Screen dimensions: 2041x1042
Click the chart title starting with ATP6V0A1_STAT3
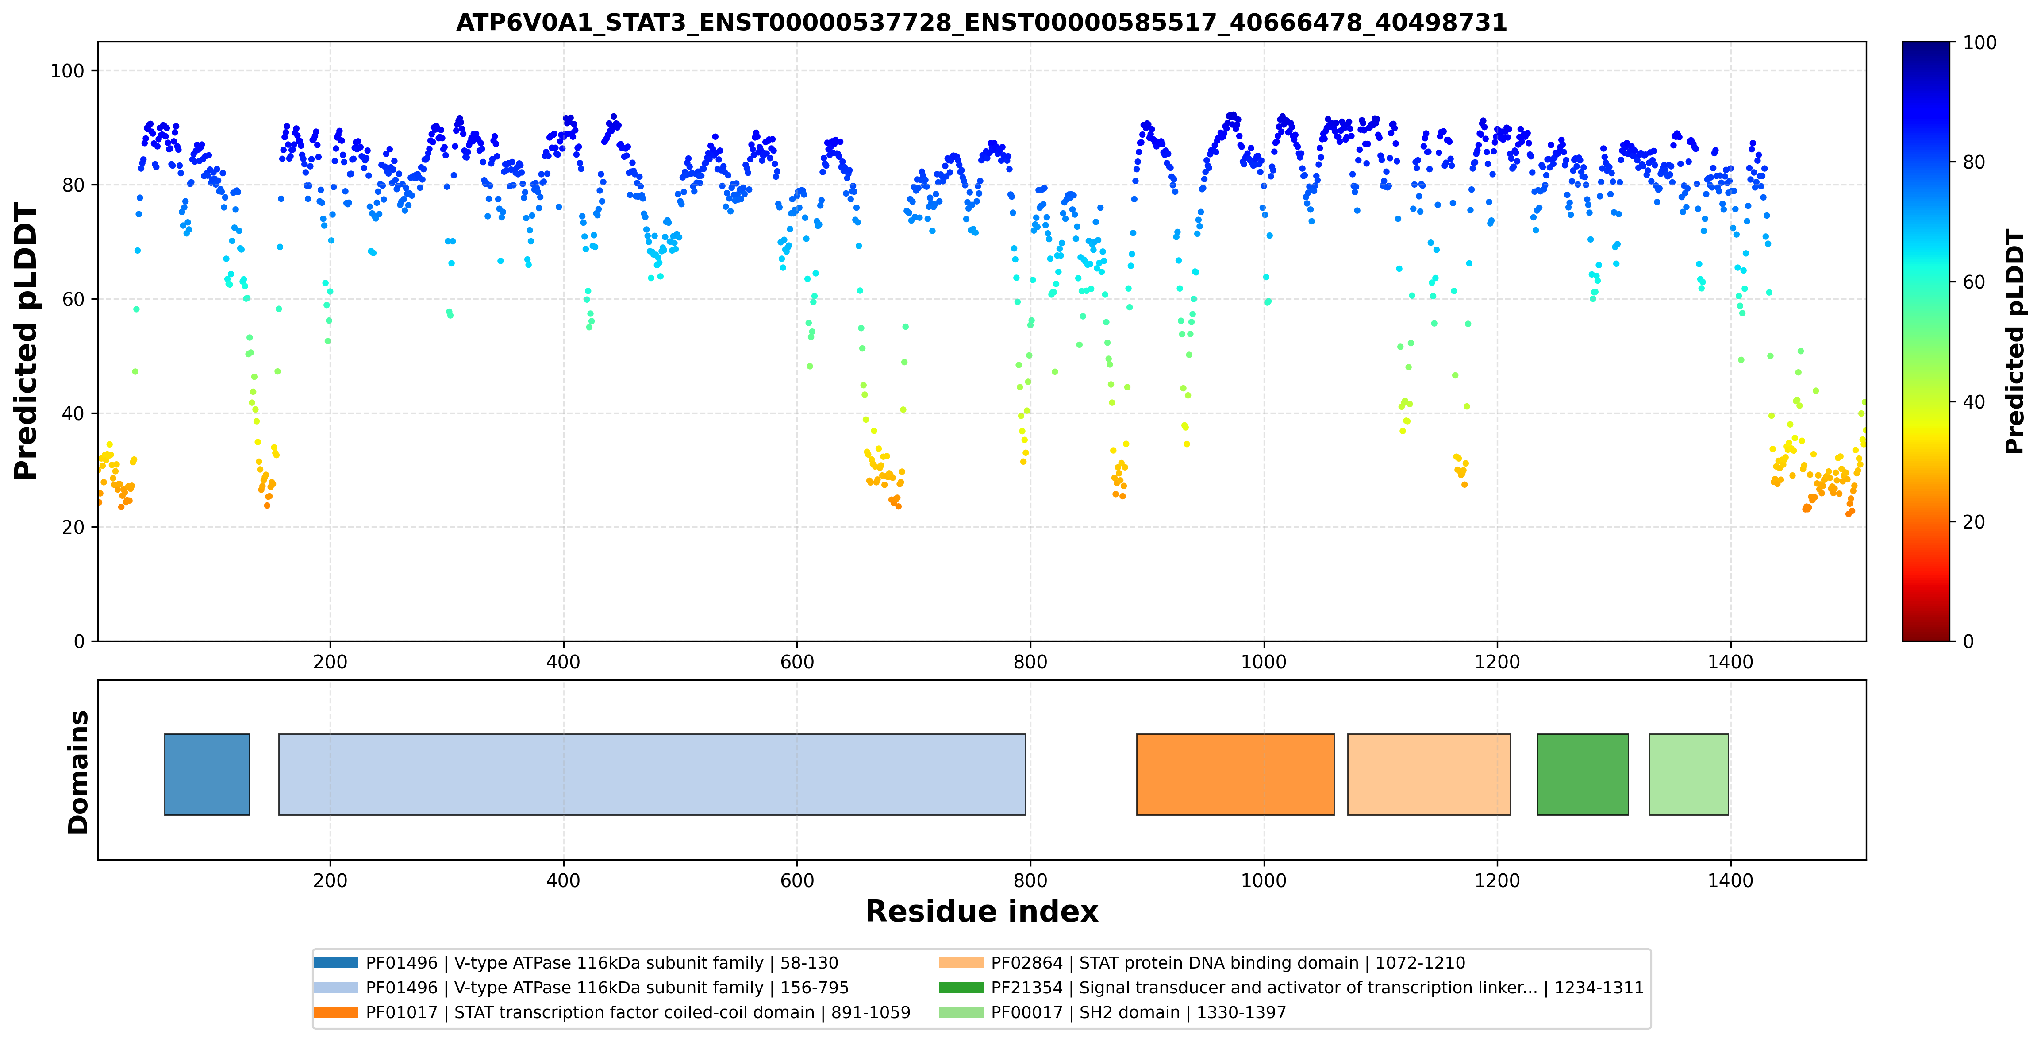pos(981,22)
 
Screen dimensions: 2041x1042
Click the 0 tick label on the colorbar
pos(1968,641)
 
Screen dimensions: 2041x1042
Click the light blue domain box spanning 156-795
pos(652,774)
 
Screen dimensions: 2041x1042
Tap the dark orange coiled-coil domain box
pos(1235,774)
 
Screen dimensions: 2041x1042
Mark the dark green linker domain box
pos(1582,774)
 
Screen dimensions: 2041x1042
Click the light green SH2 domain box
pos(1688,774)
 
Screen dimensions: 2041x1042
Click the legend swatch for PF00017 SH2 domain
pos(961,1012)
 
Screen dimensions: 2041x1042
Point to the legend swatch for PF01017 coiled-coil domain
pos(336,1012)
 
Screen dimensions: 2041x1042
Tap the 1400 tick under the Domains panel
pos(1730,880)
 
